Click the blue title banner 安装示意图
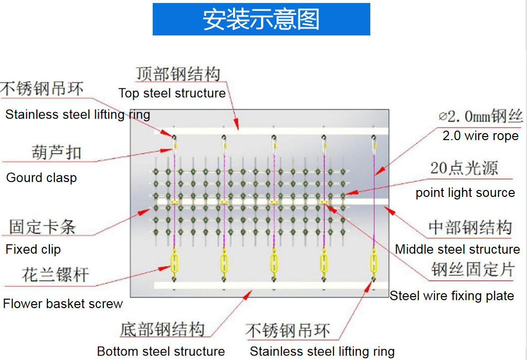click(261, 19)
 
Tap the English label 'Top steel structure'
click(172, 93)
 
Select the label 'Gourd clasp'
click(41, 178)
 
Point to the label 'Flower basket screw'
click(63, 304)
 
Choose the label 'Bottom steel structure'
click(161, 352)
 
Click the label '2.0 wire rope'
click(481, 136)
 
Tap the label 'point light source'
click(465, 193)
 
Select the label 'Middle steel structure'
click(457, 249)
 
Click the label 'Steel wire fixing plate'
click(452, 296)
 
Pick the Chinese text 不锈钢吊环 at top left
click(42, 89)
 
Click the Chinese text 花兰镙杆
click(55, 275)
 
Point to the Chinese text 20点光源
click(464, 168)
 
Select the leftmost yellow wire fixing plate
click(175, 202)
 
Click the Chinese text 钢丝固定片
click(473, 270)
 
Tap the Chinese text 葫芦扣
click(56, 152)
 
